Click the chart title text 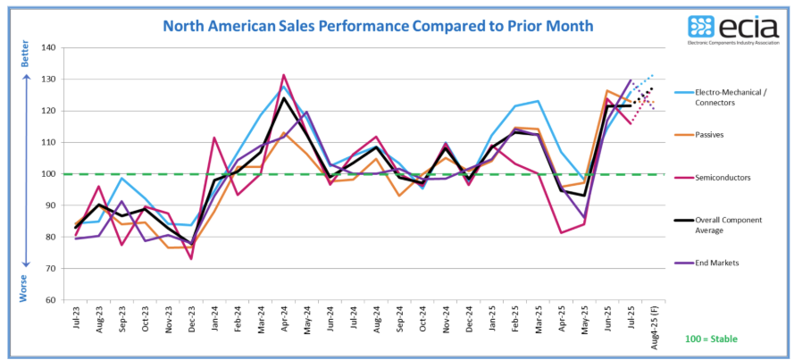click(x=378, y=25)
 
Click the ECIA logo click(x=731, y=29)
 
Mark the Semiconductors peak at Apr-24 click(x=283, y=75)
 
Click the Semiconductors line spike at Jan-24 click(x=214, y=138)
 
